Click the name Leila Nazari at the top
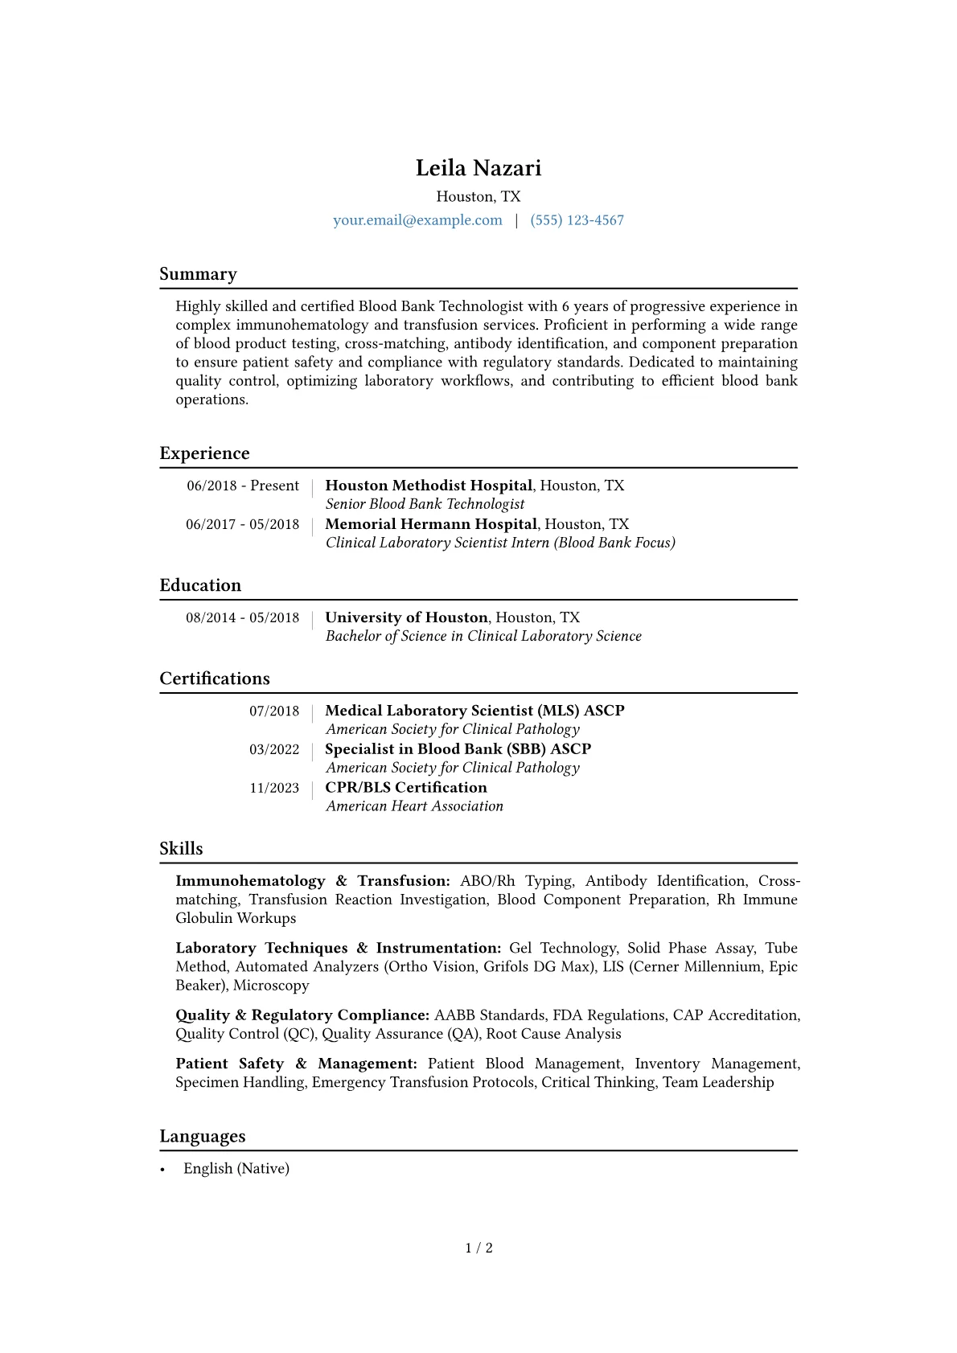coord(478,168)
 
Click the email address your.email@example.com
coord(417,220)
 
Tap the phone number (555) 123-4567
coord(577,220)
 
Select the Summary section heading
coord(198,274)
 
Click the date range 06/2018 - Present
coord(243,486)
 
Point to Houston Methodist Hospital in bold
coord(428,486)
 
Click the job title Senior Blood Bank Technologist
coord(425,504)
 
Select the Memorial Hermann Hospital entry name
coord(430,524)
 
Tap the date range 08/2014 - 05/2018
coord(242,617)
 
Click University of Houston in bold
coord(406,617)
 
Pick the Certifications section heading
coord(215,679)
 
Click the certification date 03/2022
coord(273,749)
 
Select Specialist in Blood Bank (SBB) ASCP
coord(458,749)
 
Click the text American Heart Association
coord(414,806)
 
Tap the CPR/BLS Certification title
coord(405,788)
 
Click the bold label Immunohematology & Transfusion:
coord(312,881)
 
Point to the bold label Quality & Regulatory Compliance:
coord(302,1015)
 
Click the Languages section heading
coord(203,1136)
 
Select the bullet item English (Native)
coord(236,1169)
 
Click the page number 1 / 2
coord(478,1248)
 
